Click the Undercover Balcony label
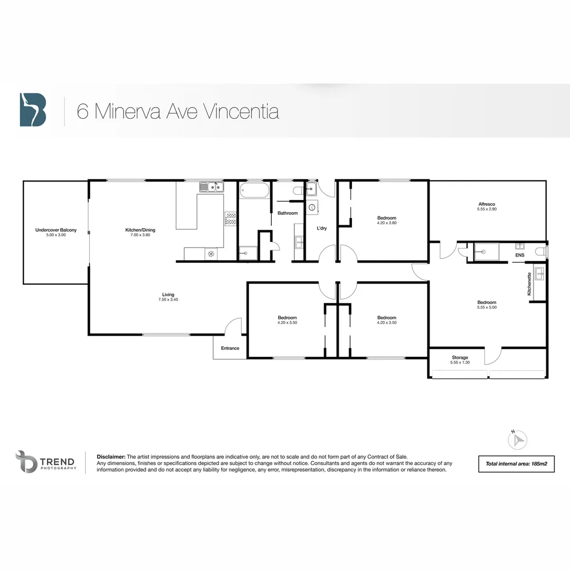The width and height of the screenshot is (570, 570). [x=55, y=230]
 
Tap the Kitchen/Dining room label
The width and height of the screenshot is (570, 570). [x=140, y=230]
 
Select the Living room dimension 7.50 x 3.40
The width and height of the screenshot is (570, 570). [x=168, y=300]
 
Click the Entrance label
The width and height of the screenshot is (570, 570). [x=230, y=348]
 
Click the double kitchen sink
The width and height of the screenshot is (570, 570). [x=211, y=186]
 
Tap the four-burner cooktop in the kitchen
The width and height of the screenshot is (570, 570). [x=231, y=218]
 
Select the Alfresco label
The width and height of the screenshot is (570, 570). [x=487, y=204]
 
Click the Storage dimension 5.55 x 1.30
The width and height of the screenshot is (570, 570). [x=459, y=363]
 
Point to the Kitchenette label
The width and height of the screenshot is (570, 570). [x=529, y=287]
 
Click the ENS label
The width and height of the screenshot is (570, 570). [x=520, y=255]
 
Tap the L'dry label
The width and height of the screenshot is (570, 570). [x=322, y=229]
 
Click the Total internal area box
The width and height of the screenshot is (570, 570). [x=516, y=464]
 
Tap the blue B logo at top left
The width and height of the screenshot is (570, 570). [x=33, y=110]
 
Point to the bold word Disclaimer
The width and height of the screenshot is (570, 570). [x=111, y=457]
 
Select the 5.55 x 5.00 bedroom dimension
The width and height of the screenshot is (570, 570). [x=487, y=307]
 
